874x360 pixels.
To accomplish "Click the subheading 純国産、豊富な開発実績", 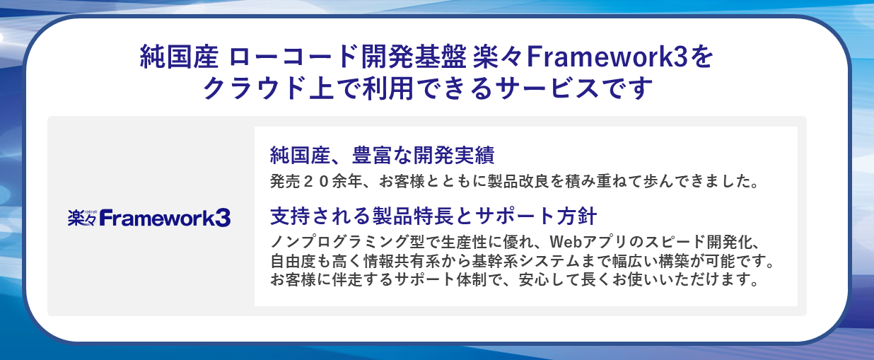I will [382, 155].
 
